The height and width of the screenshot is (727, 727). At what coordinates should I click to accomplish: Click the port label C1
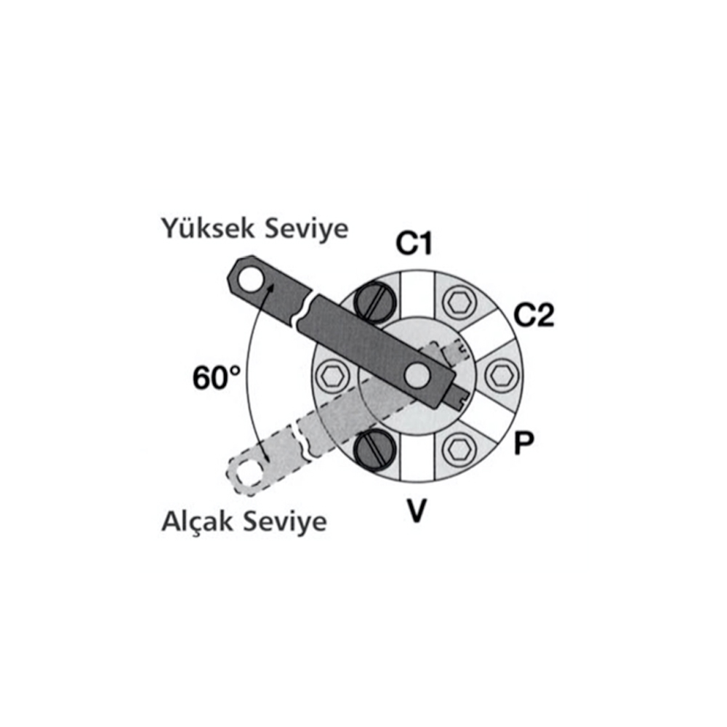[x=414, y=244]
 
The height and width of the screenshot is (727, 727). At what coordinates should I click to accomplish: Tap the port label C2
[x=534, y=316]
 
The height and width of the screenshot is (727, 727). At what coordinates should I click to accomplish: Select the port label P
[x=524, y=443]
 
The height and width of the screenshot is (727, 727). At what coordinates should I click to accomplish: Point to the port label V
[x=417, y=510]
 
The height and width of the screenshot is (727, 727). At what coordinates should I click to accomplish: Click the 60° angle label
[x=217, y=377]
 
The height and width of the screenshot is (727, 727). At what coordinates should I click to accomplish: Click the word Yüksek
[x=208, y=228]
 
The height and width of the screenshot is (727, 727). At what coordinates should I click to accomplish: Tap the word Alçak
[x=197, y=521]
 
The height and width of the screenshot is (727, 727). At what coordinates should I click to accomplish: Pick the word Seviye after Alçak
[x=285, y=521]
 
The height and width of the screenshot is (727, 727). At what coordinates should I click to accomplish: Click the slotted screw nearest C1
[x=375, y=302]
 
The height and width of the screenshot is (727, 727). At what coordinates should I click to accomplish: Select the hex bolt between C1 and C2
[x=459, y=302]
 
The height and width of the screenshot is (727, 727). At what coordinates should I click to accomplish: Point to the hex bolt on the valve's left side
[x=332, y=375]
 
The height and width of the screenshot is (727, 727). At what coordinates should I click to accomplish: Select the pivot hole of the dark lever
[x=417, y=375]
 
